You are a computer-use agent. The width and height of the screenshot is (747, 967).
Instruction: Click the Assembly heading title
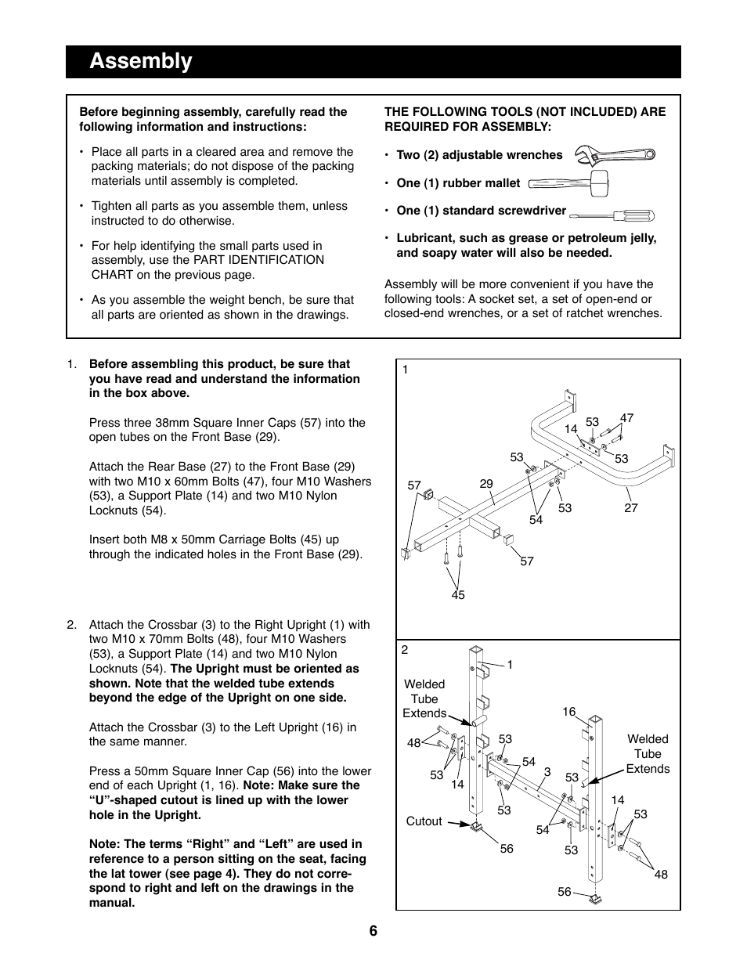(141, 61)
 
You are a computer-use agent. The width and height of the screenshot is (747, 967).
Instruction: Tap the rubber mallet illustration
(568, 182)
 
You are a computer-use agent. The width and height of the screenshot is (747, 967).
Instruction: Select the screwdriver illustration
(612, 214)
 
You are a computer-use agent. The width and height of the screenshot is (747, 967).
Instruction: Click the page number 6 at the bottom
(373, 931)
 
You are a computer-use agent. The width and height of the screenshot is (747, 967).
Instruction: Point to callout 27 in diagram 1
(631, 508)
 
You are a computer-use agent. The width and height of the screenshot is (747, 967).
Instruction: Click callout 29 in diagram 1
(486, 484)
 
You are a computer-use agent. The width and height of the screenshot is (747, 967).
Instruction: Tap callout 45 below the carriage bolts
(458, 595)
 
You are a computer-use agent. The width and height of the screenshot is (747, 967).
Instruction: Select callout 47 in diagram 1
(626, 418)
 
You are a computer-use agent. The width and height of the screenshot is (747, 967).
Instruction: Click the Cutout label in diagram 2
(424, 821)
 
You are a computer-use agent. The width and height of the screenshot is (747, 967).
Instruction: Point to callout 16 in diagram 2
(568, 712)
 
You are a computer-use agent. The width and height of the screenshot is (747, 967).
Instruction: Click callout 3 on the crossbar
(547, 772)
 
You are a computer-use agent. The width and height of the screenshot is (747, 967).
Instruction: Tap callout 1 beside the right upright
(509, 665)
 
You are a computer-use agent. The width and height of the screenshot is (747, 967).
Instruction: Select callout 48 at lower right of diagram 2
(661, 875)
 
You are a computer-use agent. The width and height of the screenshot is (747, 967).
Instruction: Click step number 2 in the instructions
(71, 625)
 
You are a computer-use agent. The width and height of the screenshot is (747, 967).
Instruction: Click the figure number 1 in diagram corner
(406, 370)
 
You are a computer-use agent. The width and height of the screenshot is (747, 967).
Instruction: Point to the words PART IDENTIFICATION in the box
(259, 260)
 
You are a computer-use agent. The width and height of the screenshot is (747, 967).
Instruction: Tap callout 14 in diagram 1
(570, 428)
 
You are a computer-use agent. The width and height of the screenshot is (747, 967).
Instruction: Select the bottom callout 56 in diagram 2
(565, 892)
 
